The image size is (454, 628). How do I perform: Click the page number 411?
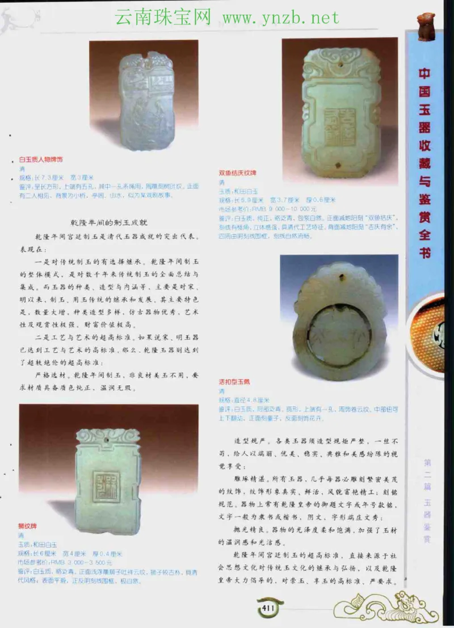(268, 609)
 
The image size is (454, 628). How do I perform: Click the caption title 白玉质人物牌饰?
(41, 160)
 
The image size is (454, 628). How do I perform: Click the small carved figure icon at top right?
(426, 26)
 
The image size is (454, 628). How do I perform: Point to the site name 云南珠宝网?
(163, 18)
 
